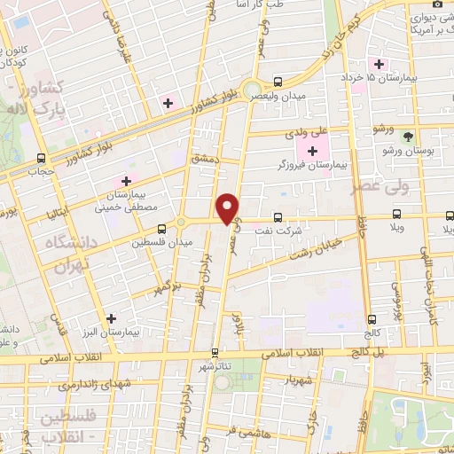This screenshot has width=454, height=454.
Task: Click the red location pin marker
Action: (x=229, y=209)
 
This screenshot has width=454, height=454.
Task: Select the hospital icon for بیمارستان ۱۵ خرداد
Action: (x=380, y=64)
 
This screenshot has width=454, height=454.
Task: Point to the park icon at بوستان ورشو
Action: (x=408, y=137)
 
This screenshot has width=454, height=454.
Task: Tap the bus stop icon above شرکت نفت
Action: (x=278, y=217)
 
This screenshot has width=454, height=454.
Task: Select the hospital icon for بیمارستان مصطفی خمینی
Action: (x=127, y=182)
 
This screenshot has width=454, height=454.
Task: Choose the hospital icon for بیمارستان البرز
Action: (x=111, y=317)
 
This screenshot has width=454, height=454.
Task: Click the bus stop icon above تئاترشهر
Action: (x=215, y=352)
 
